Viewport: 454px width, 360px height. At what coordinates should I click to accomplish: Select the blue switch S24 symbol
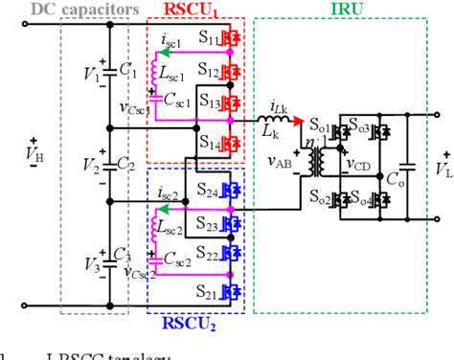pyautogui.click(x=229, y=191)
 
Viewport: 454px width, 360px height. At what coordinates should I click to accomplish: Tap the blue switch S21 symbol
pyautogui.click(x=229, y=287)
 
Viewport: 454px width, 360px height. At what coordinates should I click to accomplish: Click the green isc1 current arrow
pyautogui.click(x=167, y=52)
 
